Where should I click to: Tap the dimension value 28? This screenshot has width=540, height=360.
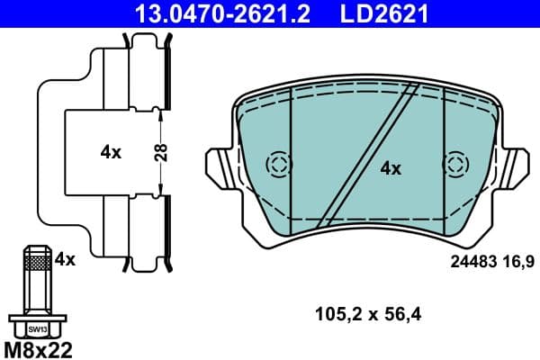159,152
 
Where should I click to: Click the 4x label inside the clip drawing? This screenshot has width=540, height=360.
111,153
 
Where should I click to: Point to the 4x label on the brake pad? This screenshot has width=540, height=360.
390,167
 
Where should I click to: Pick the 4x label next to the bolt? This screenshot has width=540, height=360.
64,259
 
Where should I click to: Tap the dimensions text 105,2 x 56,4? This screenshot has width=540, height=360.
367,314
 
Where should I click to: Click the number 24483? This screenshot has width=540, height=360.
472,262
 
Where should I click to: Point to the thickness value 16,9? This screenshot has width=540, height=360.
517,262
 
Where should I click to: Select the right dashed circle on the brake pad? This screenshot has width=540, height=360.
456,165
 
